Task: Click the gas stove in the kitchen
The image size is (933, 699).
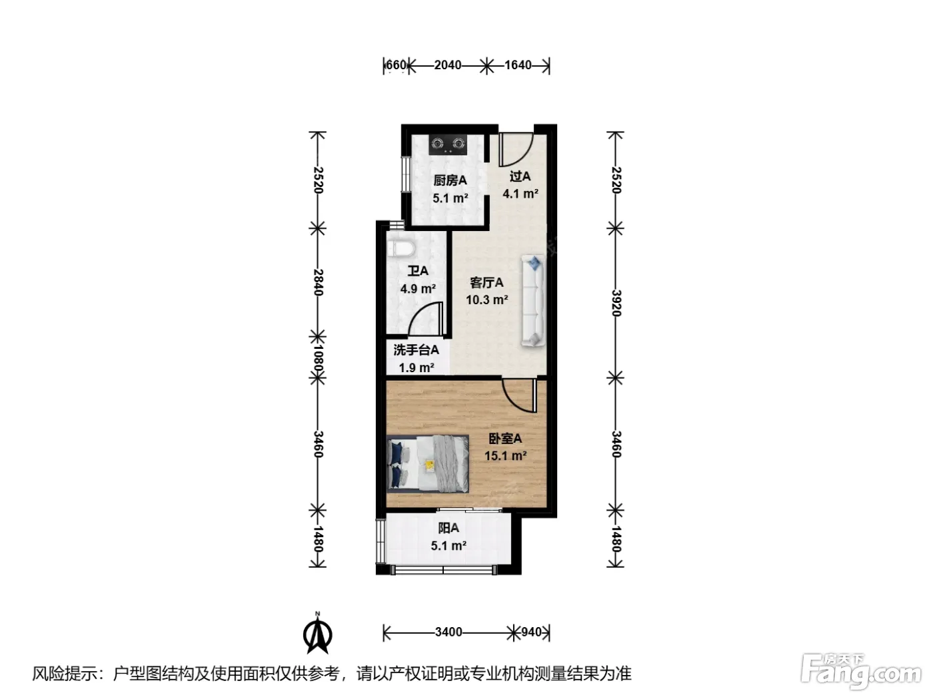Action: [x=448, y=144]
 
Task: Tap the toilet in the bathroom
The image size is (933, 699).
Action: [x=401, y=248]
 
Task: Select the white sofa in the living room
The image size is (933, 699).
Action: [x=533, y=300]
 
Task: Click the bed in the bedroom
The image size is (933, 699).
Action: [x=428, y=464]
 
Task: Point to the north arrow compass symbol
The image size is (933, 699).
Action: [x=317, y=633]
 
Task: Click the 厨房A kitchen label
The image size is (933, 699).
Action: [x=450, y=181]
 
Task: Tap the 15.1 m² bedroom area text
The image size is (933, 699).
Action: [x=505, y=456]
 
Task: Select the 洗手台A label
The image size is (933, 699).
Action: [x=416, y=350]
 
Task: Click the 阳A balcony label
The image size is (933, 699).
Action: [x=449, y=528]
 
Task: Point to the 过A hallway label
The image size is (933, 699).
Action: [x=520, y=176]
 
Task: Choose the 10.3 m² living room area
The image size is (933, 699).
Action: [x=486, y=300]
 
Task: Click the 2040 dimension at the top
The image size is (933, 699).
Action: [x=448, y=65]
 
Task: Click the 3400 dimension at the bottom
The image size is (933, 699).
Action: [x=449, y=632]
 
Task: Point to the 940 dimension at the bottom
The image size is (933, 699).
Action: [x=531, y=632]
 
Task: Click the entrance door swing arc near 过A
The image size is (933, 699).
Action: [x=525, y=155]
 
